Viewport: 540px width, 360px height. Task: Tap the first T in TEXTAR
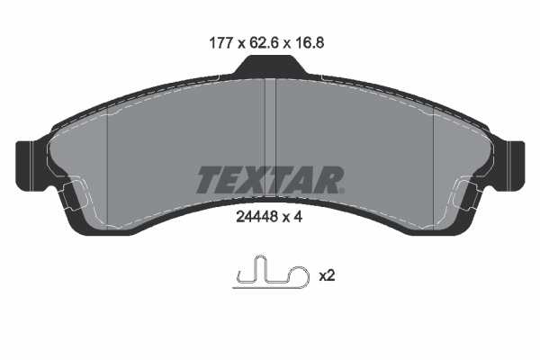click(x=209, y=180)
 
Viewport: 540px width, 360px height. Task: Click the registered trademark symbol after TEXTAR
click(x=343, y=190)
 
